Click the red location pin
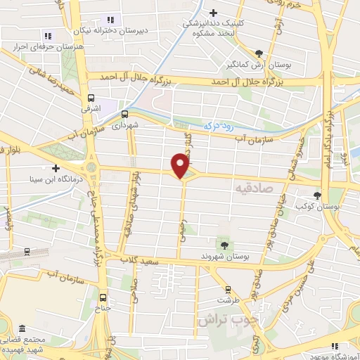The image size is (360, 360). point(181,165)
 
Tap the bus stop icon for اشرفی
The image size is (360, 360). point(91,99)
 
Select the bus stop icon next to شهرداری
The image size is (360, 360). point(124,114)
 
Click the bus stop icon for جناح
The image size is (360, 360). point(104,297)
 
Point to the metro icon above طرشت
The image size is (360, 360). point(227,289)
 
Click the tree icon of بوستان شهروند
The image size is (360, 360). point(224,244)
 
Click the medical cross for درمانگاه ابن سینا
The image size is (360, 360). point(55,167)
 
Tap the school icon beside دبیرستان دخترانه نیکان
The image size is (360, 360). point(110,20)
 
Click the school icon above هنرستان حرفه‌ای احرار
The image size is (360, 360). point(48,35)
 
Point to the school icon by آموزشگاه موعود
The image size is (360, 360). point(335,345)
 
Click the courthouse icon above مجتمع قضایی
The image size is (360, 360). point(23,329)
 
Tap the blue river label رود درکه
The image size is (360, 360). point(217,124)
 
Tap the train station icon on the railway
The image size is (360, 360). point(27,250)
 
